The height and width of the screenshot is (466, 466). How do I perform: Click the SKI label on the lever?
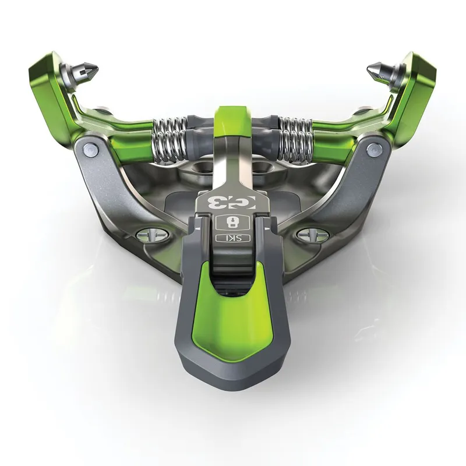(x=232, y=238)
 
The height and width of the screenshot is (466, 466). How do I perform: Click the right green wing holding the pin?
(x=416, y=82)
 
